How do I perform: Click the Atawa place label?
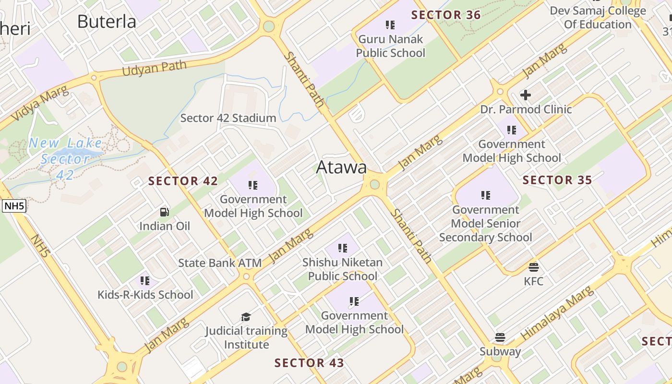341,167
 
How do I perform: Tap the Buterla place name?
107,22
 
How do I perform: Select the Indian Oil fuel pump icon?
165,212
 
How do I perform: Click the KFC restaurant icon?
534,267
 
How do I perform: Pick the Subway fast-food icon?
500,337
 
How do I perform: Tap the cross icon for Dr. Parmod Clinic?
526,95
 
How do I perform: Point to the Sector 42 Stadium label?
228,118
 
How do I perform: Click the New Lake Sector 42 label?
65,158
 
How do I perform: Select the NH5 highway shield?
14,206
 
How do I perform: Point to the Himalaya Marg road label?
557,313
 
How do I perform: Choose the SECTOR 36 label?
446,15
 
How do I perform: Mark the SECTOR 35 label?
557,180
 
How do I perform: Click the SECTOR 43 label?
309,363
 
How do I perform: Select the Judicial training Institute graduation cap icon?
246,317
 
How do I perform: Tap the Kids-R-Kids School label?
145,294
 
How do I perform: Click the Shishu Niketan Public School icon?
342,248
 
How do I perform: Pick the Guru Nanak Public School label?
391,46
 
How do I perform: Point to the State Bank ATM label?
220,263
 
